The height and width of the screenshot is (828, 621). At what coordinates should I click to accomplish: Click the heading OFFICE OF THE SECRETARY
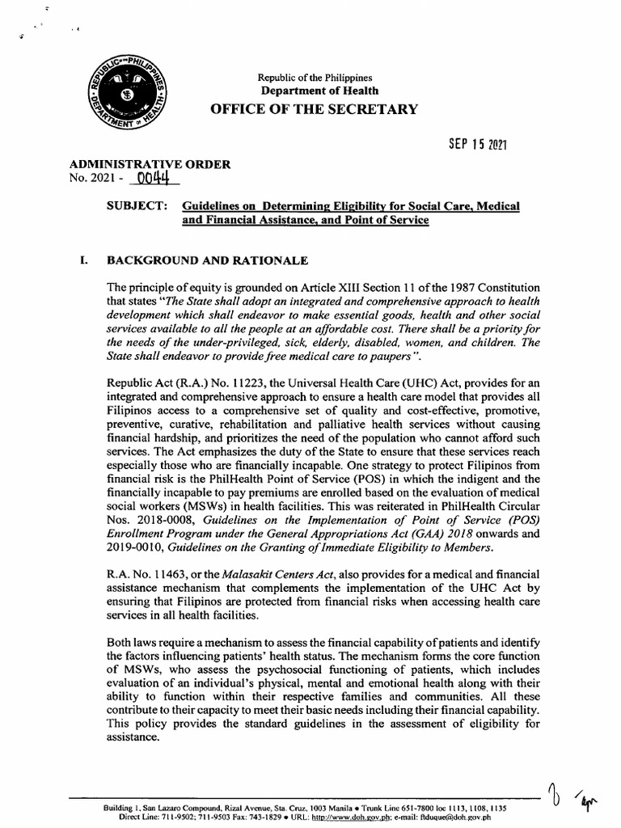(315, 109)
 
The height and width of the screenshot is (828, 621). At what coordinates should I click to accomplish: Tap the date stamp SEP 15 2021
(477, 145)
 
